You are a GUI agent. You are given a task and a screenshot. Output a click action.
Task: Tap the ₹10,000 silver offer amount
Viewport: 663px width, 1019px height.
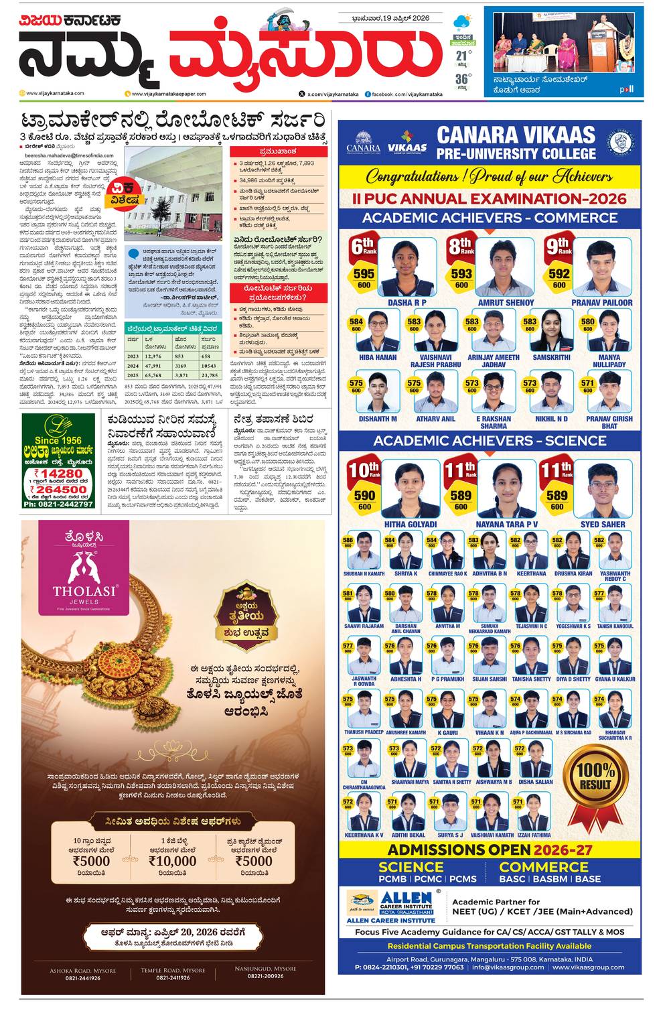(172, 861)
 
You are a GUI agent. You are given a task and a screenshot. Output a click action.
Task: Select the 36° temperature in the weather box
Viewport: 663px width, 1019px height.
(463, 80)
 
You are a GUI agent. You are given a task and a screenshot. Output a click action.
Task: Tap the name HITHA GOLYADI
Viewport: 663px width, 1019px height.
(410, 524)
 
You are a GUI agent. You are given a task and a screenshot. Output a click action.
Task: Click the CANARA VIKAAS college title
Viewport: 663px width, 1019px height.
(516, 143)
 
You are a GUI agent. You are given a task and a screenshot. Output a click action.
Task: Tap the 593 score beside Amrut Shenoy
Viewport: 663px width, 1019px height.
(461, 273)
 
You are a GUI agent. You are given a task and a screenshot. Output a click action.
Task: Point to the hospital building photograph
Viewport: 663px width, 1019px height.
(173, 194)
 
